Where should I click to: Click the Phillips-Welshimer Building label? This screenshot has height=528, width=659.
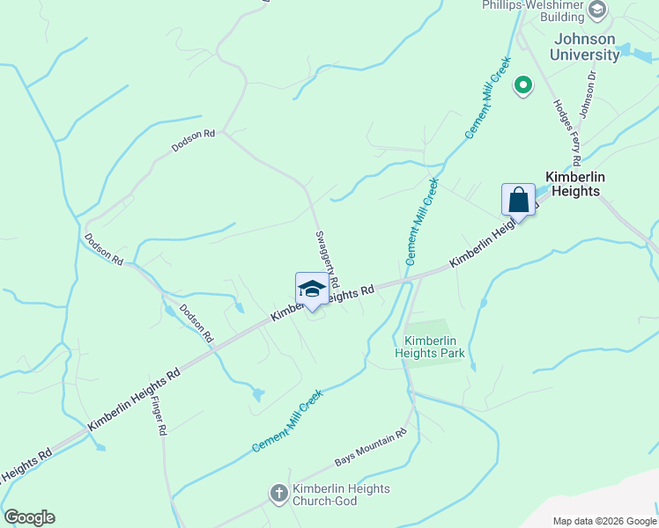[533, 11]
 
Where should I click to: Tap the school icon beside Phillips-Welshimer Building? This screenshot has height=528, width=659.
[597, 11]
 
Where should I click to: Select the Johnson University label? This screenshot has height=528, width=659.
[584, 47]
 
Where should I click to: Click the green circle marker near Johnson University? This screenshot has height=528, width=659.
[522, 85]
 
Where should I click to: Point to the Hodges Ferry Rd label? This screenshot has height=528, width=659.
[565, 132]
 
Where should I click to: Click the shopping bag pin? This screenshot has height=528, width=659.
[519, 200]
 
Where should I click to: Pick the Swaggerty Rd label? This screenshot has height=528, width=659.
[324, 261]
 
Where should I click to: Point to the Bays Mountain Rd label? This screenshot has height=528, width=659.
[370, 449]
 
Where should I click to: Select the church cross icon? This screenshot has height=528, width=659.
[278, 494]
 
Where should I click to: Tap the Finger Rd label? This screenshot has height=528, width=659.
[159, 416]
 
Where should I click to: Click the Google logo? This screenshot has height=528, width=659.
[29, 517]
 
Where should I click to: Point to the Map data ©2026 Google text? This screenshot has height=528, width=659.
[603, 521]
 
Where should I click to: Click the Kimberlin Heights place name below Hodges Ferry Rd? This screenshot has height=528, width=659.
[573, 183]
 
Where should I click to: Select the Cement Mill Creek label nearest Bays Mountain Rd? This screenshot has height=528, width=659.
[287, 422]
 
